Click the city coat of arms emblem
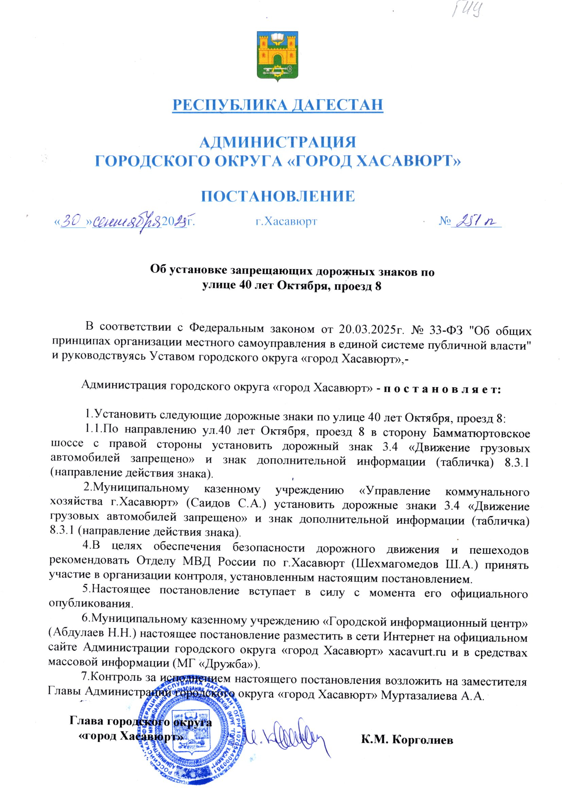point(277,56)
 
